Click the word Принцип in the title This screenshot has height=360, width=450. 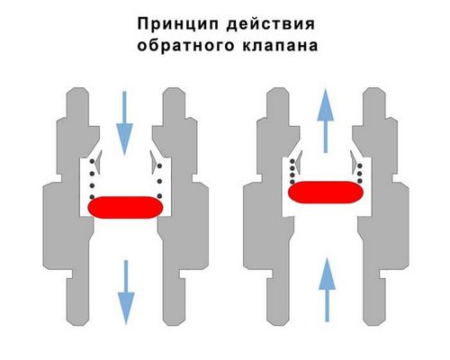click(x=178, y=24)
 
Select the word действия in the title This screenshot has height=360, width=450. click(x=271, y=24)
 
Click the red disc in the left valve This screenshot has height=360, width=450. click(x=125, y=207)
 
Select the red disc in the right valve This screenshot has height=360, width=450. click(x=326, y=193)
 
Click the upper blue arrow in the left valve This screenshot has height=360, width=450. click(x=124, y=123)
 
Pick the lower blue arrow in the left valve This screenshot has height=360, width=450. click(x=126, y=292)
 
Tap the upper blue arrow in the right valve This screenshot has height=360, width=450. click(x=326, y=121)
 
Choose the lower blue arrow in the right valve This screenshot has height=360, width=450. click(x=327, y=290)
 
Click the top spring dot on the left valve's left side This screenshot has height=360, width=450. click(x=92, y=162)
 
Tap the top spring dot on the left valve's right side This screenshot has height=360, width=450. click(x=159, y=166)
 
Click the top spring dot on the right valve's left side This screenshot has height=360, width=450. click(x=292, y=162)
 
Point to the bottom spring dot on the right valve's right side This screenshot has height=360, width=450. click(x=360, y=181)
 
